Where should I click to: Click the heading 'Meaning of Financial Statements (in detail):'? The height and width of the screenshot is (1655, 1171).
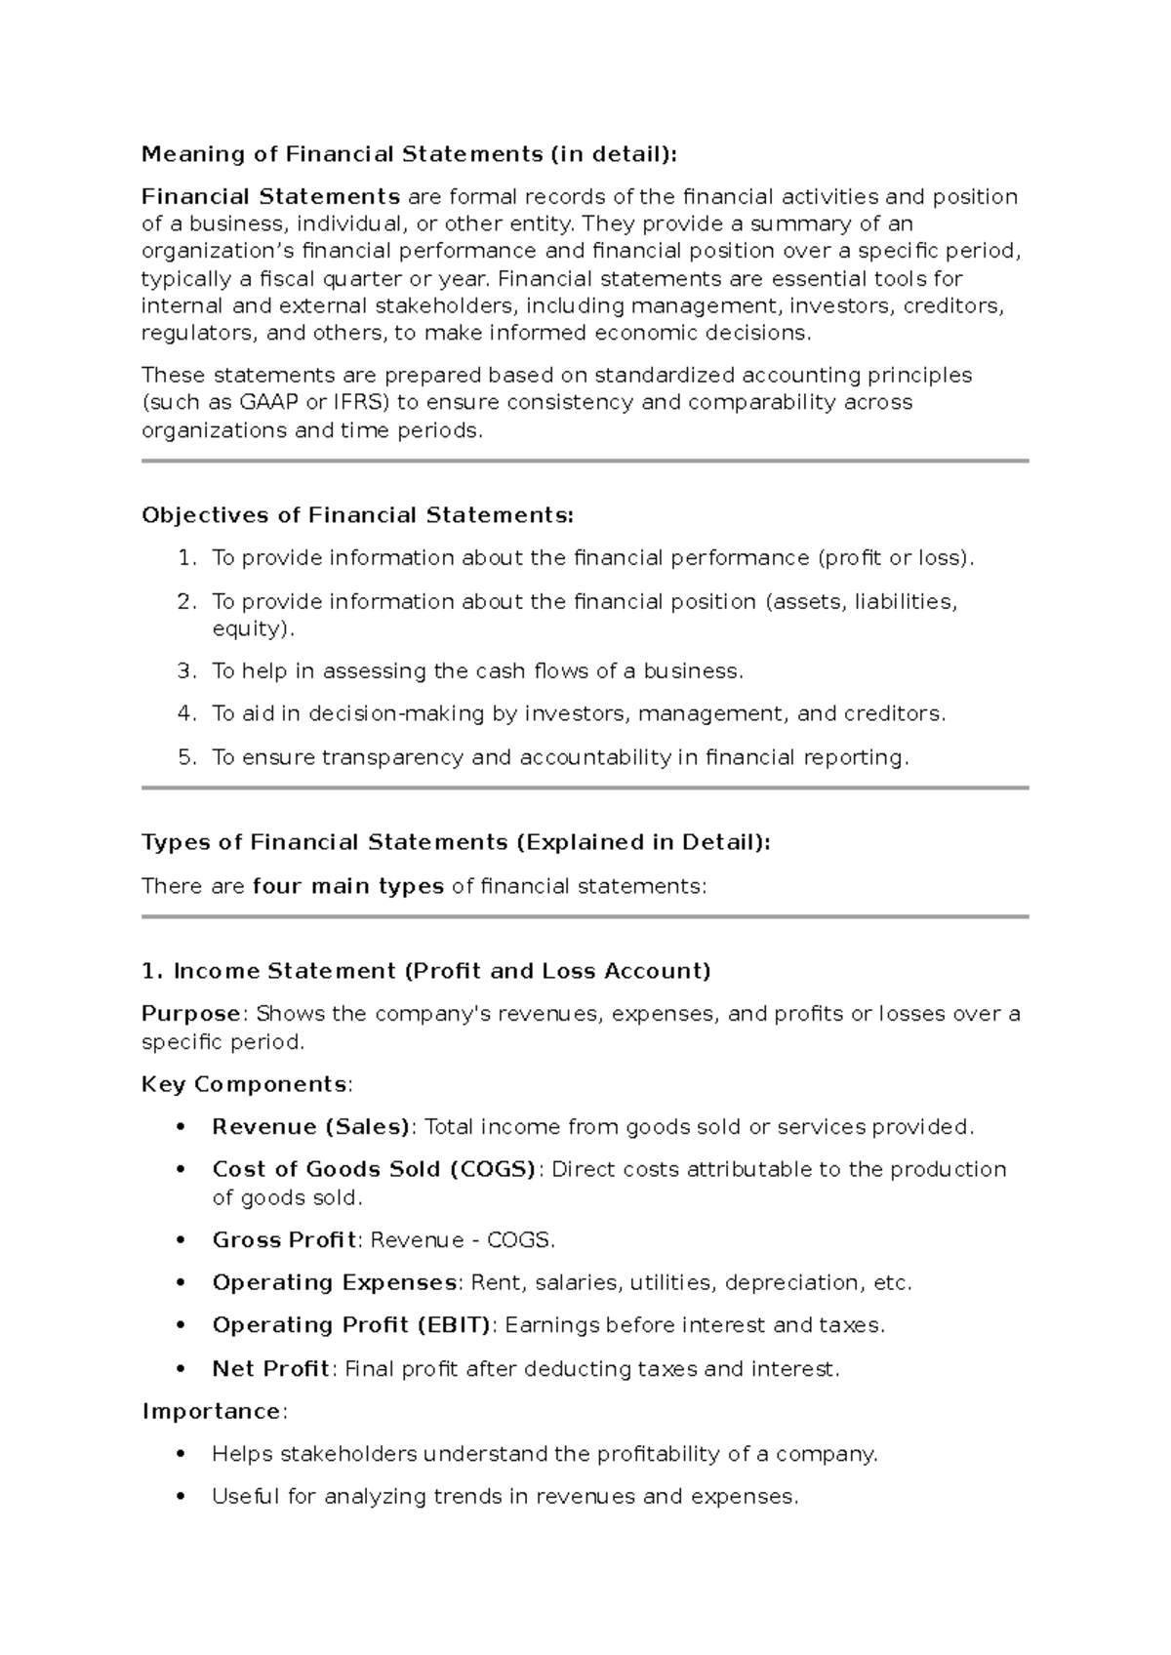[x=408, y=154]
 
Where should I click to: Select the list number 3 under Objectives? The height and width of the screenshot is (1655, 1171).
[x=186, y=671]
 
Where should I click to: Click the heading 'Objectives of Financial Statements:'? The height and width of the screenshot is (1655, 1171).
[x=357, y=515]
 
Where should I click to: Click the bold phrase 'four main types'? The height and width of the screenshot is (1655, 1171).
[x=347, y=886]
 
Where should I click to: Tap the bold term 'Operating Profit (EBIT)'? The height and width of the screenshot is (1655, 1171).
[x=350, y=1325]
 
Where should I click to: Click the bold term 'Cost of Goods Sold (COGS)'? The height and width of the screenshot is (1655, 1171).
[x=373, y=1169]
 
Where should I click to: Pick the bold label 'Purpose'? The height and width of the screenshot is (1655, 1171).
[x=190, y=1014]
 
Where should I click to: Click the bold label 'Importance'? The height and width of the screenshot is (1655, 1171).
[x=212, y=1411]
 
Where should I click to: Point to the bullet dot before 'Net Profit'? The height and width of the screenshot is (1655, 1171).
[x=180, y=1369]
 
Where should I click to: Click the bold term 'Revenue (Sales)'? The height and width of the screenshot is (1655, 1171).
[x=309, y=1127]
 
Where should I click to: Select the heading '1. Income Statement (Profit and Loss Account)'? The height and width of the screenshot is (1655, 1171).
[x=425, y=971]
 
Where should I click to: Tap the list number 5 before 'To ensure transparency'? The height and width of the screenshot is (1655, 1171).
[x=186, y=757]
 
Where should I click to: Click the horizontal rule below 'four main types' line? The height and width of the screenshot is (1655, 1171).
[x=585, y=917]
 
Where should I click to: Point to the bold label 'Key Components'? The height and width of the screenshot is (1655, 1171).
[x=244, y=1084]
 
